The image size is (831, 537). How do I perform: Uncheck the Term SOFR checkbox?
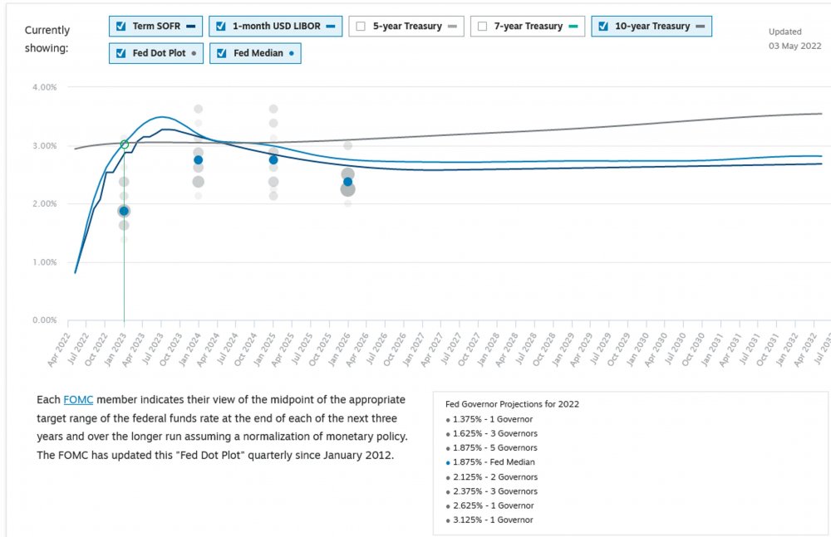pos(121,26)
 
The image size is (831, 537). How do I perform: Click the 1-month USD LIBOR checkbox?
pos(220,26)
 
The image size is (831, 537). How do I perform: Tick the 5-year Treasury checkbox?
pos(361,26)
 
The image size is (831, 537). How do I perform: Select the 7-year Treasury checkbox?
pos(482,26)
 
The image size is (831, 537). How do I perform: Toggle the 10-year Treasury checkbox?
pos(603,26)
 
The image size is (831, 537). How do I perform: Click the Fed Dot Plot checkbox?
pos(121,53)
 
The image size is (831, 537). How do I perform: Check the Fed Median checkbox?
pos(220,53)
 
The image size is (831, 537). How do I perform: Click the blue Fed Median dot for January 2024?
pos(199,160)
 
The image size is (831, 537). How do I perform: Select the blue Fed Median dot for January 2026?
pos(348,182)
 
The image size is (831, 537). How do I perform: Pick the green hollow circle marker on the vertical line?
pos(125,144)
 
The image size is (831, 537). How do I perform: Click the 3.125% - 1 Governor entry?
pos(493,520)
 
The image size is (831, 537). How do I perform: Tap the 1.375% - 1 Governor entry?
pos(493,418)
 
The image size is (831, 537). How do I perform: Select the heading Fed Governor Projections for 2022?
pos(512,404)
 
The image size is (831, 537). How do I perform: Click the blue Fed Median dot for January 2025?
pos(273,160)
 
